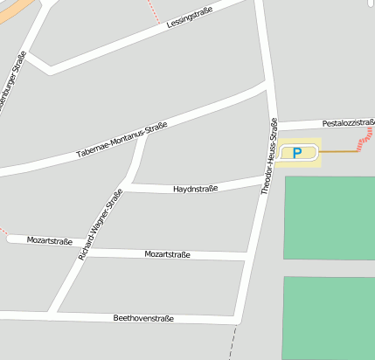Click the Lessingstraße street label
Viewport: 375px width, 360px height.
point(190,19)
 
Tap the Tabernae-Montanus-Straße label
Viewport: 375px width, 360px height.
point(122,141)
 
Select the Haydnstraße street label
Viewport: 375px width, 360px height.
point(195,189)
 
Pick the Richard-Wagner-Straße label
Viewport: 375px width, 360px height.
point(100,225)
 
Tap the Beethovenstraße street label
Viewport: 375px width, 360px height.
point(143,319)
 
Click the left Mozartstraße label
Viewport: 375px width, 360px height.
point(49,240)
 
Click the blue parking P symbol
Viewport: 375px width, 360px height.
point(297,153)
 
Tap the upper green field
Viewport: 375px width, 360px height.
point(330,218)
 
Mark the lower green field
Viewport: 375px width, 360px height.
point(330,316)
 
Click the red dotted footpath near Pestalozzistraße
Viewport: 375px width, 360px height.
point(368,135)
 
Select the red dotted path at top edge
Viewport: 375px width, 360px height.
point(155,10)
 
